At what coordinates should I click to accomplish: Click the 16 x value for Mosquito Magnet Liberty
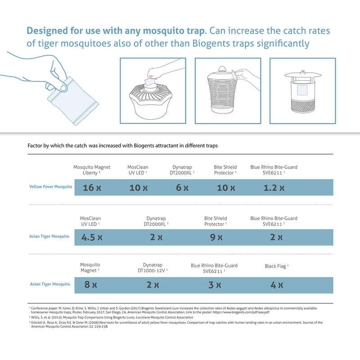(x=92, y=188)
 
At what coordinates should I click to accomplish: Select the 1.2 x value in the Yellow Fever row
(x=274, y=188)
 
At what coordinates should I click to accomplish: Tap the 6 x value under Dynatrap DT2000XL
(x=182, y=188)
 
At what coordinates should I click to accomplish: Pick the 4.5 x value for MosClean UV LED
(x=92, y=237)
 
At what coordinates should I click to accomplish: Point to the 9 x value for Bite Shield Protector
(x=216, y=237)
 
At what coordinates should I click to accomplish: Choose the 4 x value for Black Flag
(x=277, y=285)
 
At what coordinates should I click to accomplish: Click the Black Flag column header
(x=276, y=266)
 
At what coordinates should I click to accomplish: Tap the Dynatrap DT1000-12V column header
(x=153, y=268)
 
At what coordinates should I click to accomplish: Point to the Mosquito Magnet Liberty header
(x=92, y=170)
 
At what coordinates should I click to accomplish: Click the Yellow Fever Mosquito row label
(x=50, y=186)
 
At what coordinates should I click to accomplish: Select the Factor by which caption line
(x=123, y=146)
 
